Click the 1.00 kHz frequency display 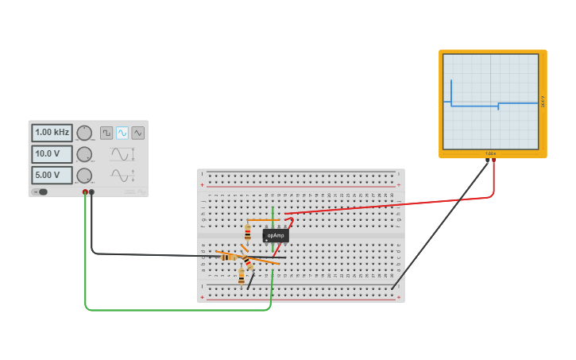[x=52, y=133]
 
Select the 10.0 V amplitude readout [x=52, y=154]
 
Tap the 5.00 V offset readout [x=52, y=175]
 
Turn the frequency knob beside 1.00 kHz [x=84, y=133]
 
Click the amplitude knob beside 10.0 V [x=84, y=154]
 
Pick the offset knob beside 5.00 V [x=84, y=175]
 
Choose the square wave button [x=106, y=133]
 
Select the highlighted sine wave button [x=122, y=133]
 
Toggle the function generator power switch [x=41, y=192]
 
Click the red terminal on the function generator [x=85, y=192]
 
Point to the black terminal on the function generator [x=92, y=192]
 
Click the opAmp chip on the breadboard [x=276, y=235]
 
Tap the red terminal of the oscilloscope [x=494, y=161]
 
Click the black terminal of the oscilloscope [x=487, y=161]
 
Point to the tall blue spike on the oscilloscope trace [x=451, y=88]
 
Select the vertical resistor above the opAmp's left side [x=248, y=232]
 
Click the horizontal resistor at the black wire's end [x=229, y=257]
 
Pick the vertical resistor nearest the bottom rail [x=242, y=276]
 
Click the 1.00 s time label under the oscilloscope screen [x=490, y=153]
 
